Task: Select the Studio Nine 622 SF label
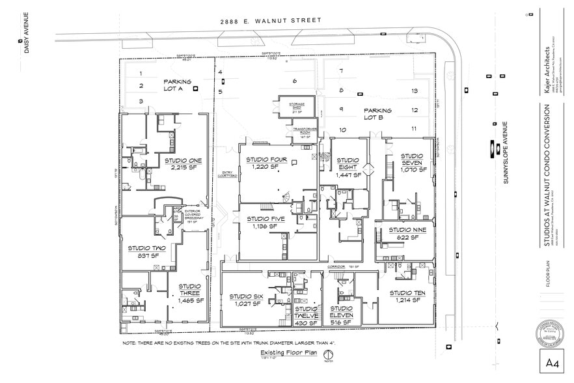pos(407,234)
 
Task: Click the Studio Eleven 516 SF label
pos(341,315)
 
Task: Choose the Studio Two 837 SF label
pos(146,251)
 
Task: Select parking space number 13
pos(415,91)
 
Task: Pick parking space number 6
pos(294,81)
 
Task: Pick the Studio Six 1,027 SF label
pos(246,300)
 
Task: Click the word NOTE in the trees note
pos(129,342)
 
